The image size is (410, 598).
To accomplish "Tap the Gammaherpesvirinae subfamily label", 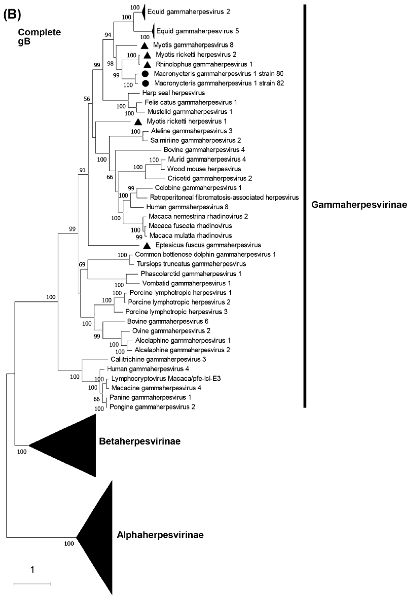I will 359,205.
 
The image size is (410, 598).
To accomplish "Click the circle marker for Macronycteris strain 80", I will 145,74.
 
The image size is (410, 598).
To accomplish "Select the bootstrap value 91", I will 82,170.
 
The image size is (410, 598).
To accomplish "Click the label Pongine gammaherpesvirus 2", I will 152,407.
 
